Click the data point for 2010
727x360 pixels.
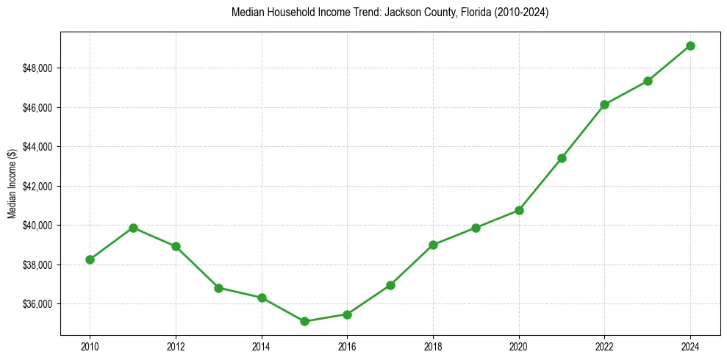click(90, 259)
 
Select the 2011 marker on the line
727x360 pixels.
click(133, 228)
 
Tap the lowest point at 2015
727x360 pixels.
click(304, 321)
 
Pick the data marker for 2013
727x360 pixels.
click(218, 288)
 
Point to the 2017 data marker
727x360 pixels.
click(390, 285)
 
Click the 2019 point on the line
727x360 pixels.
click(476, 228)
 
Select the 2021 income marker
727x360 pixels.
click(562, 158)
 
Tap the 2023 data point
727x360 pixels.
click(648, 81)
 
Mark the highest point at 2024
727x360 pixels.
click(690, 46)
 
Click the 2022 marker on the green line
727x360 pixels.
click(604, 104)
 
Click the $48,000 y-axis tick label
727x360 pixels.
click(38, 68)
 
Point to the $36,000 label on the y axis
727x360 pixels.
click(38, 303)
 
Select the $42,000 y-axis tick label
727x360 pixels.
click(38, 186)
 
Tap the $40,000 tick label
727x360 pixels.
click(38, 225)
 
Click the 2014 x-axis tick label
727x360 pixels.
click(262, 345)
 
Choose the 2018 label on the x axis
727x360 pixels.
click(433, 345)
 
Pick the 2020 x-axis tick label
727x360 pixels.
click(519, 345)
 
